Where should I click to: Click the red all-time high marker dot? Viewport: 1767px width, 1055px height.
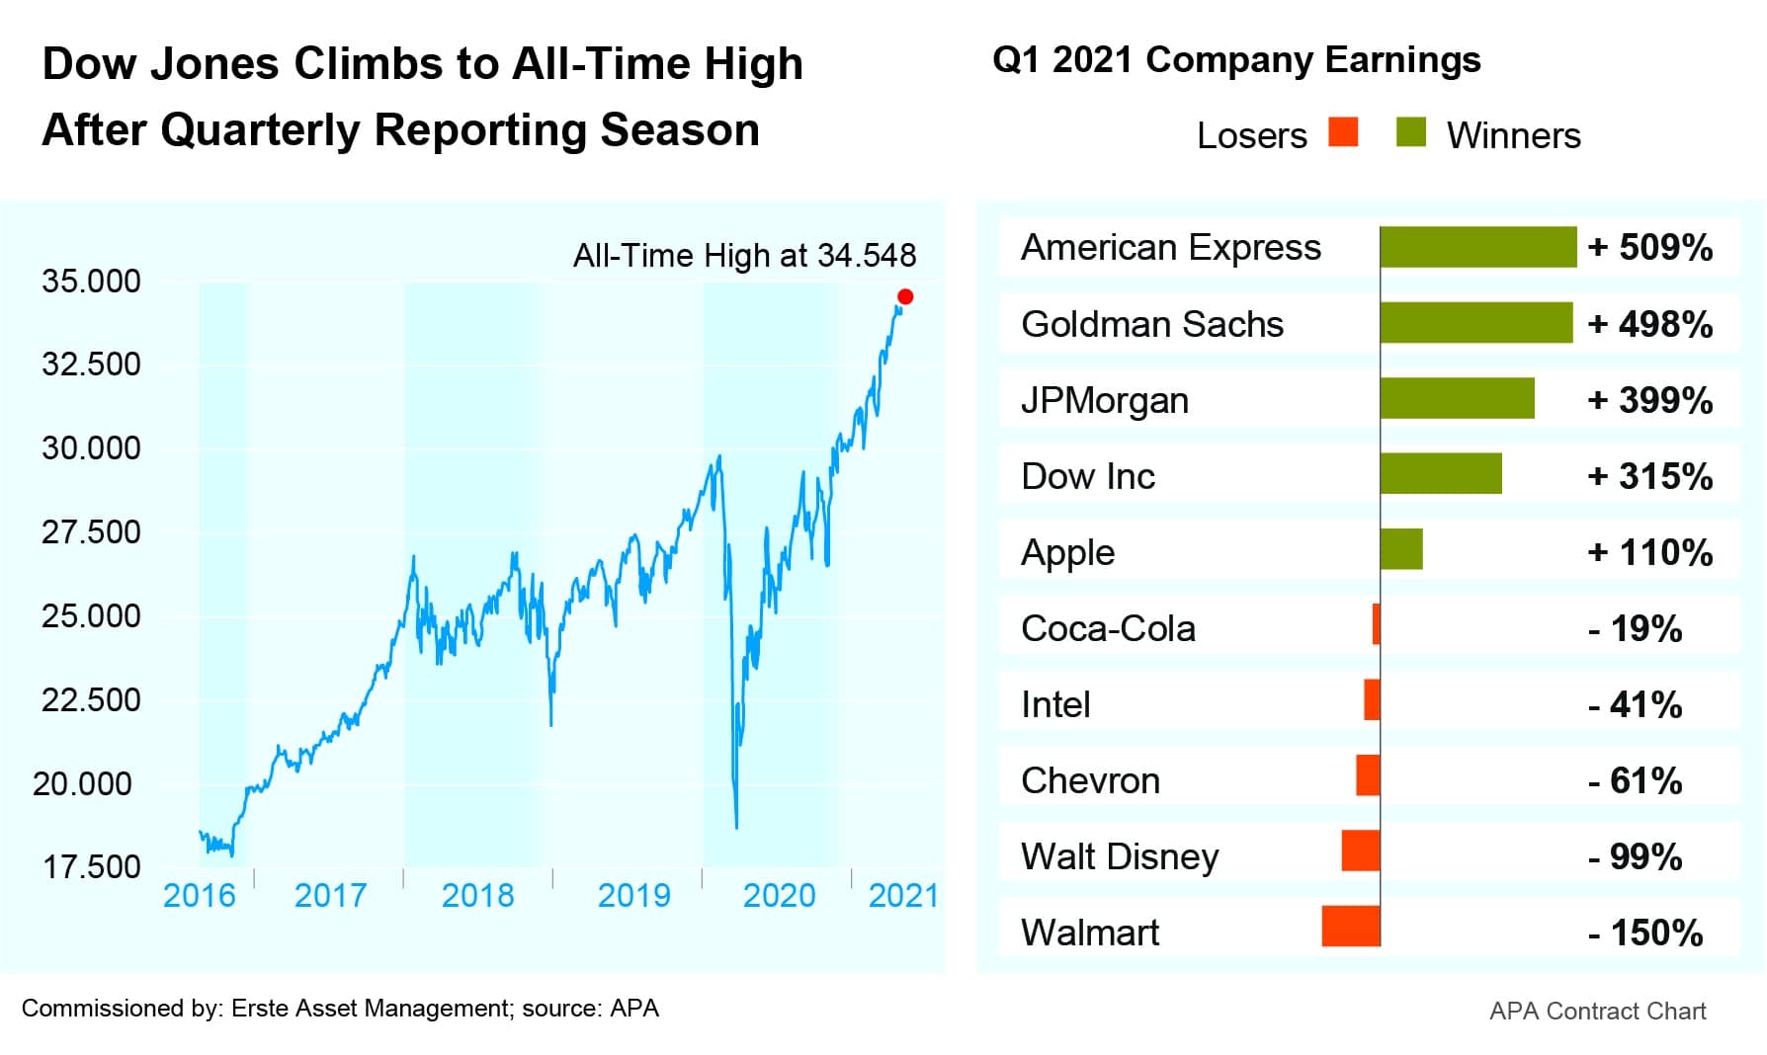tap(905, 296)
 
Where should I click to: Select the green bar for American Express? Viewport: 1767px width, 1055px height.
tap(1477, 247)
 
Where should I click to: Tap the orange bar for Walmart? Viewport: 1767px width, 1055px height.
tap(1351, 927)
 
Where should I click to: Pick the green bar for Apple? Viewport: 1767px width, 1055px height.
tap(1401, 549)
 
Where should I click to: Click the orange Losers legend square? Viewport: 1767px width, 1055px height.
tap(1343, 132)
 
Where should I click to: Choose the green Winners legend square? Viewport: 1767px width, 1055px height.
tap(1411, 132)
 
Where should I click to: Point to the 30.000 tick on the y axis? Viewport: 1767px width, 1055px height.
tap(91, 448)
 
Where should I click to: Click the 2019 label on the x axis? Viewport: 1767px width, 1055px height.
tap(633, 896)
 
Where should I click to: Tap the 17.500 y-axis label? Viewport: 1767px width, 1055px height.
tap(91, 867)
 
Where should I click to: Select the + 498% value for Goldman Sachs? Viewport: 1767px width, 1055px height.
tap(1649, 324)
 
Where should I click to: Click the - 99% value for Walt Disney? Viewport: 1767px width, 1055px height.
tap(1635, 856)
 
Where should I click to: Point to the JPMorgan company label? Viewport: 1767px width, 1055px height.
tap(1104, 401)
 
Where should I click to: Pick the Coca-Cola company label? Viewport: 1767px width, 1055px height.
tap(1108, 628)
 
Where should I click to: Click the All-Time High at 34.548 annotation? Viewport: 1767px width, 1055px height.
tap(744, 256)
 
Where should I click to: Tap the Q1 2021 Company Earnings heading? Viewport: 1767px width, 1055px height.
tap(1236, 60)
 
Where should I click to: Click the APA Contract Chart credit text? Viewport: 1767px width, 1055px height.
tap(1597, 1012)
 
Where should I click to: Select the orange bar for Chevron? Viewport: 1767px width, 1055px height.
tap(1368, 775)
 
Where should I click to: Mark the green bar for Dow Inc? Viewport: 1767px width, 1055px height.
tap(1441, 474)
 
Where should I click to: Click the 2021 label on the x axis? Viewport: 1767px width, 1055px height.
tap(902, 896)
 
